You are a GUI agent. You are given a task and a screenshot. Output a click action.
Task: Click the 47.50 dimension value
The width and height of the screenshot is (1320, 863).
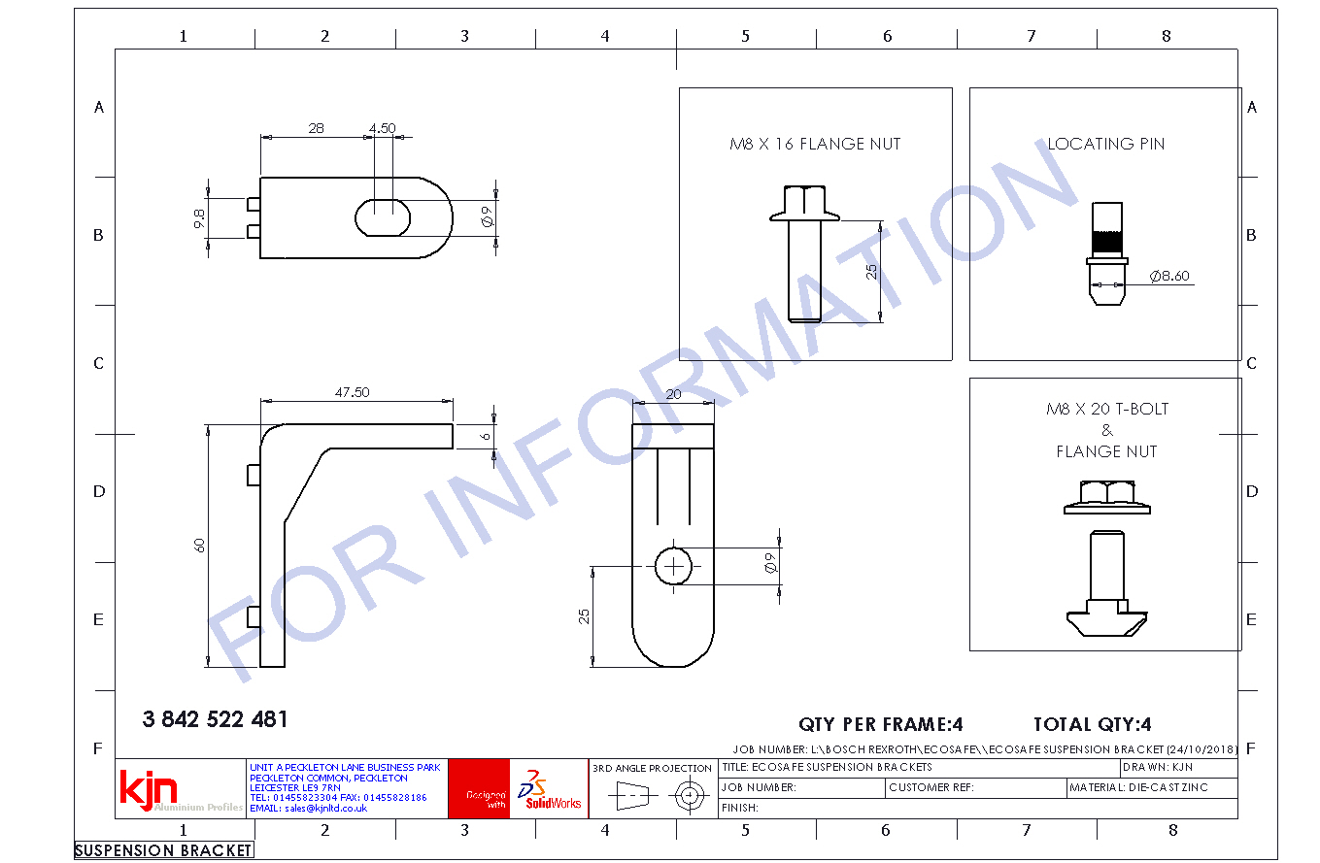pyautogui.click(x=352, y=392)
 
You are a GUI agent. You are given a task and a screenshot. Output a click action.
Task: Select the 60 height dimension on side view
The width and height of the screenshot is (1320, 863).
pyautogui.click(x=199, y=546)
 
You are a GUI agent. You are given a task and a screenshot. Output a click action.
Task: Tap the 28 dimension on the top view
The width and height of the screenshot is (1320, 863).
pyautogui.click(x=316, y=128)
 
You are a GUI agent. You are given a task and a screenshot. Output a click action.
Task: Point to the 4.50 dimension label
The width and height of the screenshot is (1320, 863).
pyautogui.click(x=383, y=128)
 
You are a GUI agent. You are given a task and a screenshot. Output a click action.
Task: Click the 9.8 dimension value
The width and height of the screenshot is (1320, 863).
pyautogui.click(x=199, y=218)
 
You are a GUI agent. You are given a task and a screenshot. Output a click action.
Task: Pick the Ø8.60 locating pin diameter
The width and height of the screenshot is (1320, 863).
pyautogui.click(x=1169, y=276)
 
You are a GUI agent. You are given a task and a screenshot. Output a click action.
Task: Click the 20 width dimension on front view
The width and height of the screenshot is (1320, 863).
pyautogui.click(x=673, y=394)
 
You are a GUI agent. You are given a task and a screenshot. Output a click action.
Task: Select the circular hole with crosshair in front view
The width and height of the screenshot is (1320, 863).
pyautogui.click(x=673, y=566)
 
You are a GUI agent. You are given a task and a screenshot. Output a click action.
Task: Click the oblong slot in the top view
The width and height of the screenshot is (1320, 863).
pyautogui.click(x=383, y=218)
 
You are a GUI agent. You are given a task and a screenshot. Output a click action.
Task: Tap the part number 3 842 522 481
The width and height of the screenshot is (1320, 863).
pyautogui.click(x=215, y=719)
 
